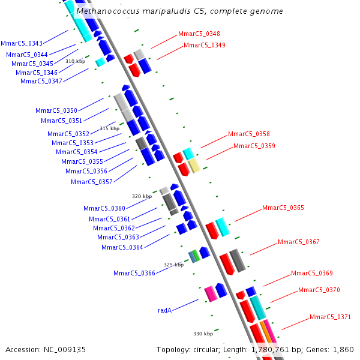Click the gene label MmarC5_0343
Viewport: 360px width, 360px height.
[x=22, y=43]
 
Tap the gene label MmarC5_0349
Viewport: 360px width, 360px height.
[x=205, y=45]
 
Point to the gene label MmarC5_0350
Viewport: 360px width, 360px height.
[x=56, y=110]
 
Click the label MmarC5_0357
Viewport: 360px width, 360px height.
[x=91, y=182]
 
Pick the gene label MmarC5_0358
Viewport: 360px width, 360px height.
[x=248, y=134]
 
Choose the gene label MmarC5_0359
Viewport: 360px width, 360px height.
[x=254, y=146]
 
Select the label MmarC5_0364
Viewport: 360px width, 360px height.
[x=122, y=247]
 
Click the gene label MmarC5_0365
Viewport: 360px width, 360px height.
[x=283, y=208]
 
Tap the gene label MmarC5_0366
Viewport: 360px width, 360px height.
[x=134, y=274]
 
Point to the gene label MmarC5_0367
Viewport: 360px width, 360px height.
[x=299, y=242]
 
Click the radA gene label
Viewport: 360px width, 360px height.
[x=165, y=310]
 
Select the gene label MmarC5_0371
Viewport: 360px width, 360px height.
[x=331, y=317]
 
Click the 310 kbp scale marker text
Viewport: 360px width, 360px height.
[x=76, y=61]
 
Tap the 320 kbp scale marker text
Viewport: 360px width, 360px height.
[x=142, y=196]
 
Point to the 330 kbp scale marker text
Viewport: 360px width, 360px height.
[x=203, y=334]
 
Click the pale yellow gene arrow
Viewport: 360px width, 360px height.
[x=194, y=166]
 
